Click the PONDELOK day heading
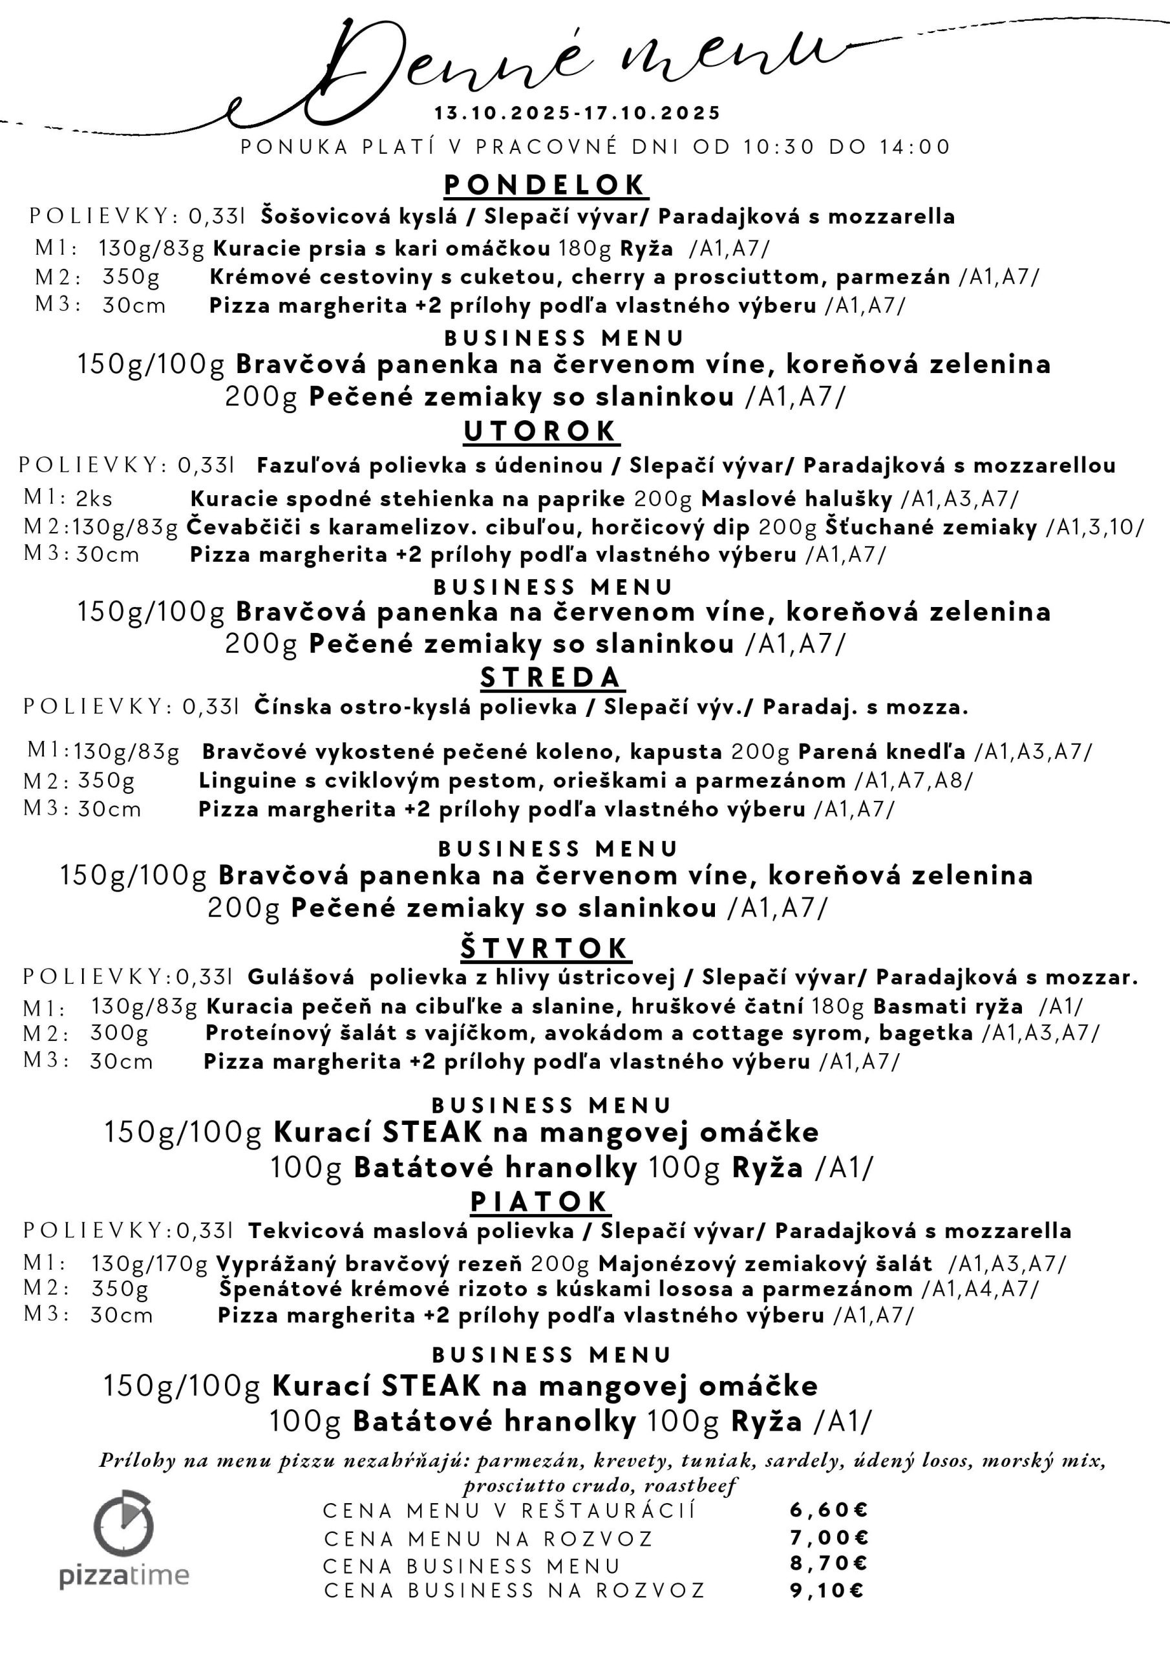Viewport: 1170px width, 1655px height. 545,186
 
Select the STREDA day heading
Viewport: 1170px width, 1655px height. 551,678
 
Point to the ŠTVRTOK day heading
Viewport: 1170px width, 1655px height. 544,948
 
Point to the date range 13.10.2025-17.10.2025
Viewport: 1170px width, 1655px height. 577,113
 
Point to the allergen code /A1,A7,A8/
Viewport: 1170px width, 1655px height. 913,781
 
